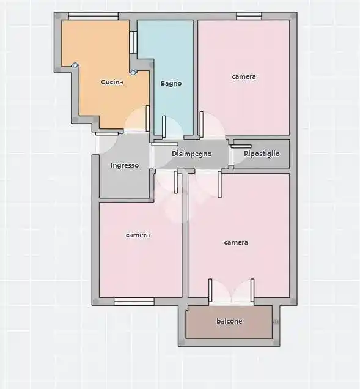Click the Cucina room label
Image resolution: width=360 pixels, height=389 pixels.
(x=112, y=82)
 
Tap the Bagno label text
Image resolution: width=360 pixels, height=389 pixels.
(x=171, y=83)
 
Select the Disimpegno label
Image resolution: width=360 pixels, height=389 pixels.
(x=192, y=154)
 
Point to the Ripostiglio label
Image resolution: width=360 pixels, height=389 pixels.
(x=262, y=154)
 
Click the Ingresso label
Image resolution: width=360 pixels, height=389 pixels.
(x=125, y=166)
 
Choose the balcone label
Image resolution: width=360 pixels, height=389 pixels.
(x=229, y=321)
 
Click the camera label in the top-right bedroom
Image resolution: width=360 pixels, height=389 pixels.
(x=244, y=76)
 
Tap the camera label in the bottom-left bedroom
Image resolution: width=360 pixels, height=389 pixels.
(x=138, y=235)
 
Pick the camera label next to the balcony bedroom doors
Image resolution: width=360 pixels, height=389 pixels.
(x=236, y=242)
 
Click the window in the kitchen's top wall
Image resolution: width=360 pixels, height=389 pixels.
(x=94, y=16)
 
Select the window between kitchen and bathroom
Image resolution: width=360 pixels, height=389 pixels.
(x=133, y=42)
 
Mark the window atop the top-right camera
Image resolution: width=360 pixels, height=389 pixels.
(x=249, y=16)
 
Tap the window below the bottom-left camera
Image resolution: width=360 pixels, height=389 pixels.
(x=134, y=302)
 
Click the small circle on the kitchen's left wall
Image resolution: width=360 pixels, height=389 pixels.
(x=75, y=65)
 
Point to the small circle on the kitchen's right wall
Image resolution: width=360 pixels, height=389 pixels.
(x=133, y=72)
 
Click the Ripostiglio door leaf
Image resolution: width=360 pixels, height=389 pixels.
(x=241, y=146)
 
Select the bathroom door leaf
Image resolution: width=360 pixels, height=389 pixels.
(x=164, y=127)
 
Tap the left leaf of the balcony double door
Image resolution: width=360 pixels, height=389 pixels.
(x=210, y=291)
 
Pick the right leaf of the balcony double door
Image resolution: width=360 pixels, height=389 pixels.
(x=252, y=291)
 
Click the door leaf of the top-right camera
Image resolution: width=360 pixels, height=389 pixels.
(x=202, y=124)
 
